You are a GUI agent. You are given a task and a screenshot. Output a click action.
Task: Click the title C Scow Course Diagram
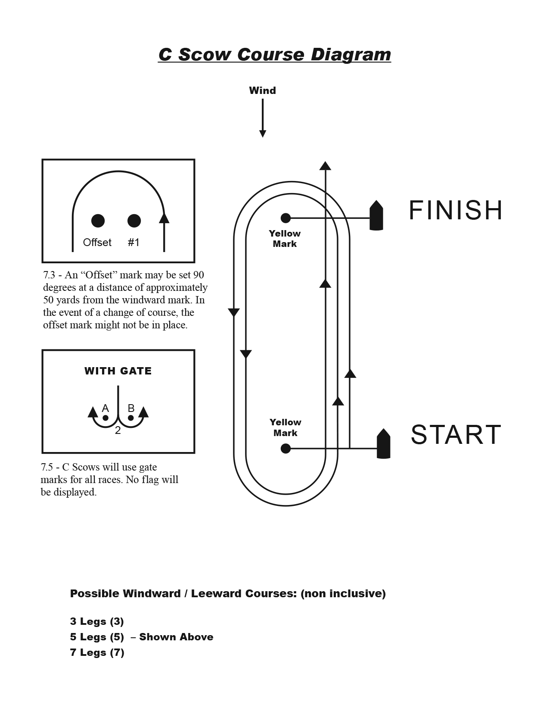click(x=274, y=55)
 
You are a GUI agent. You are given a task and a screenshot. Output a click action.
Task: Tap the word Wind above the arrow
click(x=262, y=90)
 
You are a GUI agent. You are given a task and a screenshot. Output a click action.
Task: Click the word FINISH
click(x=456, y=210)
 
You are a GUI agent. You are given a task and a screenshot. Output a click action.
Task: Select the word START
click(x=456, y=434)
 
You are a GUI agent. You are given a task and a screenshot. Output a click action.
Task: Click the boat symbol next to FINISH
click(x=376, y=215)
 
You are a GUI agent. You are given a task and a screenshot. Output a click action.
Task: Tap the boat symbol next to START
click(x=383, y=444)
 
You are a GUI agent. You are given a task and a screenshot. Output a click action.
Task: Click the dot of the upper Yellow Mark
click(x=285, y=218)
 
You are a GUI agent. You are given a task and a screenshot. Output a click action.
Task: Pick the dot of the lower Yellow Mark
click(x=285, y=449)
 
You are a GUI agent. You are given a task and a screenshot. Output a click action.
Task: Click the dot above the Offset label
click(x=98, y=221)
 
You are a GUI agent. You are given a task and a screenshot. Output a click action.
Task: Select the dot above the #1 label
click(x=134, y=221)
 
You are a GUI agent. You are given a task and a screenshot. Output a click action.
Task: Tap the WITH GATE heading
click(x=118, y=371)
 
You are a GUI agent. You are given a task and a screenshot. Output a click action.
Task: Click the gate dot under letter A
click(x=105, y=418)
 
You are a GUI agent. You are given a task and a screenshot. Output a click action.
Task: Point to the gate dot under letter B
click(x=131, y=418)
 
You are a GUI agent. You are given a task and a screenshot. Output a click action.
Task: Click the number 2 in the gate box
click(x=118, y=430)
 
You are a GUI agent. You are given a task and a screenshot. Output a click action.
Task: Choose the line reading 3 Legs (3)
click(x=97, y=621)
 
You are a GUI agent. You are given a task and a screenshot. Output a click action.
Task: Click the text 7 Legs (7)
click(x=97, y=652)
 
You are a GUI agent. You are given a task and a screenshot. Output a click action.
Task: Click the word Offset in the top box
click(x=97, y=243)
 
